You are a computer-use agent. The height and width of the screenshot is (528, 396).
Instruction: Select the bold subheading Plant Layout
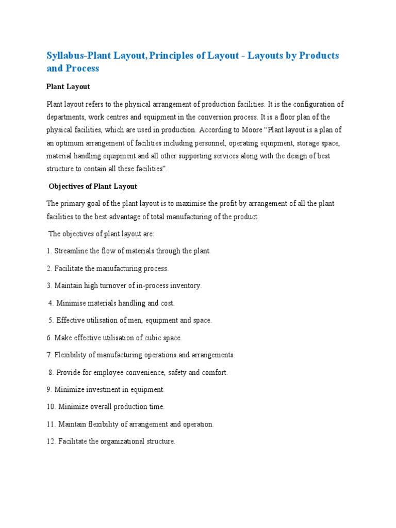coord(68,87)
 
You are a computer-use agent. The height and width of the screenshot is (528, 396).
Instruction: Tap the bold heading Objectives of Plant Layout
coord(93,186)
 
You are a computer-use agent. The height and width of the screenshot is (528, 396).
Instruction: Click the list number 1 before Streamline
coord(48,251)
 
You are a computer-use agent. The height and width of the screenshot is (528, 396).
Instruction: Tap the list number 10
coord(51,407)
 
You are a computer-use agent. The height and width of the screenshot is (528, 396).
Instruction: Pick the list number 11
coord(51,424)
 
